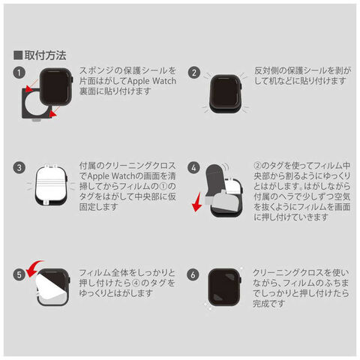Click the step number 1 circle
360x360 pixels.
pos(19,73)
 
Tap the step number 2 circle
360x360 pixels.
pos(194,73)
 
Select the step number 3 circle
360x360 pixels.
pos(19,167)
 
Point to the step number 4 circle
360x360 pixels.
pos(194,167)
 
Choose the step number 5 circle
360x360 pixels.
pos(19,274)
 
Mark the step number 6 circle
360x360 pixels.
pos(193,274)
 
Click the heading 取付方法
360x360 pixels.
pos(45,55)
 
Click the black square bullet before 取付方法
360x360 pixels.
pos(18,55)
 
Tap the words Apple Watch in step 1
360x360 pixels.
pos(151,81)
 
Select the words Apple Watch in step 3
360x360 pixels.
pos(111,176)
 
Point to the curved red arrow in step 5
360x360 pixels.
pos(34,268)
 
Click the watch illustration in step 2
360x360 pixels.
pos(226,94)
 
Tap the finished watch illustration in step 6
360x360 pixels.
pos(224,287)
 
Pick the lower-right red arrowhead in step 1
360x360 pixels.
pos(52,114)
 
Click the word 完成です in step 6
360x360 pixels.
pos(268,304)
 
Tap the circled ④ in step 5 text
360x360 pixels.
pos(136,283)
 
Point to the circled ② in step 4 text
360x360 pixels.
pos(258,166)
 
